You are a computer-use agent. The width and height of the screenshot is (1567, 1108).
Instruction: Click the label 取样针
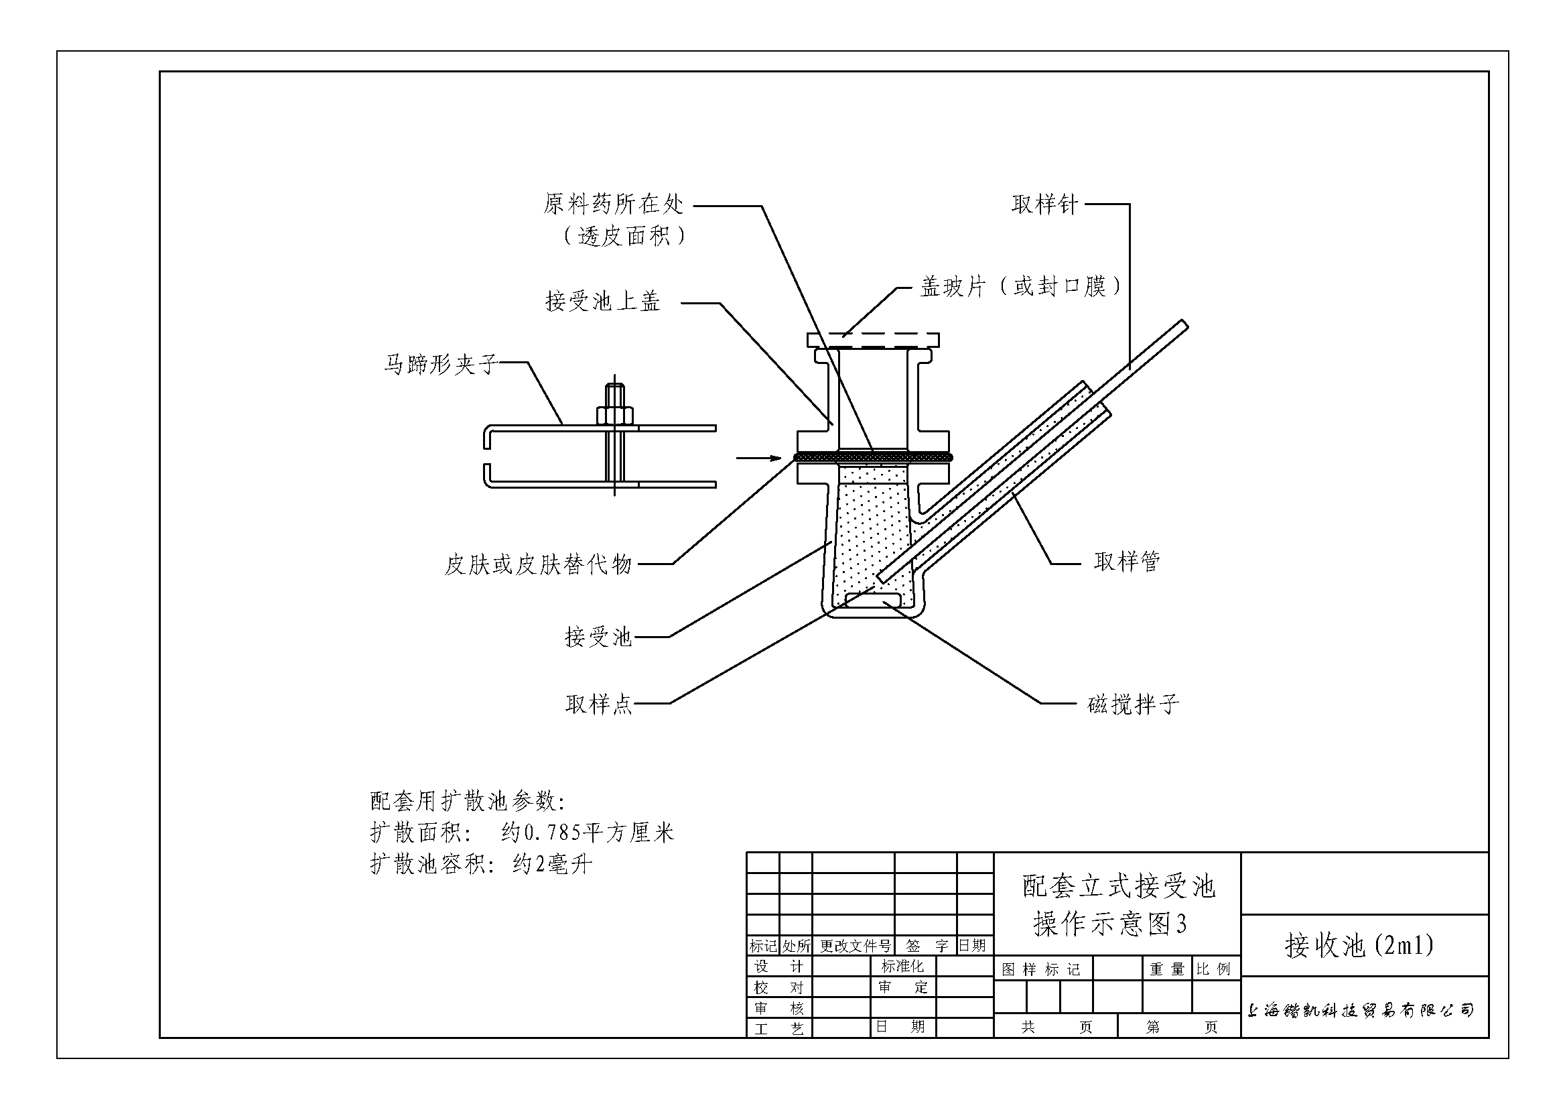(x=1044, y=204)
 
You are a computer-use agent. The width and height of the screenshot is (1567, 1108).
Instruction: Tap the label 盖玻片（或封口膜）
(x=1020, y=287)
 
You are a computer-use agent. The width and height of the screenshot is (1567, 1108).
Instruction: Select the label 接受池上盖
(x=603, y=301)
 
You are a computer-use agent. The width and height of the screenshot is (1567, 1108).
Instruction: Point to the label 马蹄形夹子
(x=440, y=364)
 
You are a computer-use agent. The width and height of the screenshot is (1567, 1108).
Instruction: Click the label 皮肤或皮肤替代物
(x=538, y=564)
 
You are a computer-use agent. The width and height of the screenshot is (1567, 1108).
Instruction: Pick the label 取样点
(x=598, y=704)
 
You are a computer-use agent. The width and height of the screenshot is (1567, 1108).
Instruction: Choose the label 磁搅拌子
(x=1133, y=704)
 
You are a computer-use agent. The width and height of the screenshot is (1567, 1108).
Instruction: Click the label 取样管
(x=1127, y=562)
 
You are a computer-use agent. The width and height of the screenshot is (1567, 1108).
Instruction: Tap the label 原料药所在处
(x=613, y=204)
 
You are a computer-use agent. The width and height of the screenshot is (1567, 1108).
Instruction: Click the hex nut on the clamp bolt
(x=614, y=415)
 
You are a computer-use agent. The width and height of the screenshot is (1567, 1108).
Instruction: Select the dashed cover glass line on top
(x=874, y=334)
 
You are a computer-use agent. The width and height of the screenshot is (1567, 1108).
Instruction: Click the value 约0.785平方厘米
(x=587, y=833)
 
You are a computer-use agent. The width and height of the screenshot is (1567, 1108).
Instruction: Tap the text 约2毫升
(x=552, y=865)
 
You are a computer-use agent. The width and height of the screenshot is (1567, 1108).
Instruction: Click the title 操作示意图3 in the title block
(x=1110, y=924)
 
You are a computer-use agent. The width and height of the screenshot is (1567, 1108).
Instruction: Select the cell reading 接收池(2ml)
(x=1359, y=946)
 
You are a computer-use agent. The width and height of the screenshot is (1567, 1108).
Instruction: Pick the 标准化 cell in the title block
(x=902, y=966)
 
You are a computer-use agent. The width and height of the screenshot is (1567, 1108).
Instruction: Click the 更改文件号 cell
(x=854, y=946)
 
